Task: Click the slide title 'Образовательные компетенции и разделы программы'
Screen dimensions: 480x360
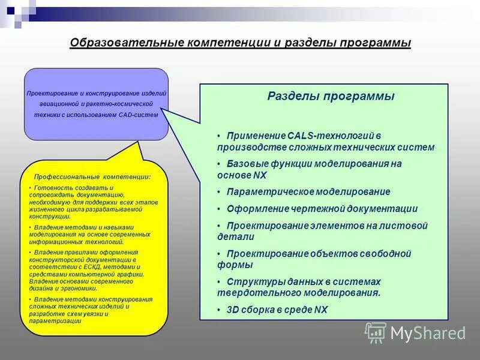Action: point(240,43)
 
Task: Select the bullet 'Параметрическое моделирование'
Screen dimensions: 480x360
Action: point(308,191)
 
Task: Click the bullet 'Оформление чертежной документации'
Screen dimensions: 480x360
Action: point(322,209)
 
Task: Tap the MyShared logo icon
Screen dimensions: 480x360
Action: point(376,332)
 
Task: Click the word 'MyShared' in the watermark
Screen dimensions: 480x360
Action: point(428,333)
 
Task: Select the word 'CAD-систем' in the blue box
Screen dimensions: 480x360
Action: point(139,115)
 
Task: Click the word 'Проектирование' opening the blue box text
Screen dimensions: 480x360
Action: point(52,94)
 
